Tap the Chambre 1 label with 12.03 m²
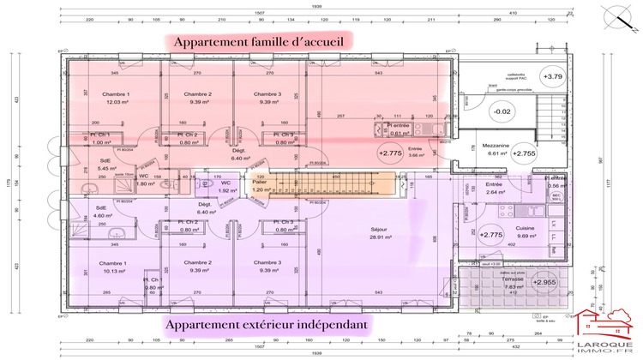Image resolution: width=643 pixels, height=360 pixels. click(115, 98)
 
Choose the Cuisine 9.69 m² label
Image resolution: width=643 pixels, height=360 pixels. click(526, 231)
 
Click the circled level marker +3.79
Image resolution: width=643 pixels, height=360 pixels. click(552, 76)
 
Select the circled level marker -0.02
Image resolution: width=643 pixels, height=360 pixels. click(502, 111)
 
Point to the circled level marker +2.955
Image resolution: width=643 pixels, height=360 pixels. click(544, 281)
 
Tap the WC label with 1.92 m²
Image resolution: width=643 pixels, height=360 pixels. click(225, 186)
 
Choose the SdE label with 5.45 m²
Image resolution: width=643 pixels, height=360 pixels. click(106, 164)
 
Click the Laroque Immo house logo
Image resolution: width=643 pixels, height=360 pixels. click(609, 330)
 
